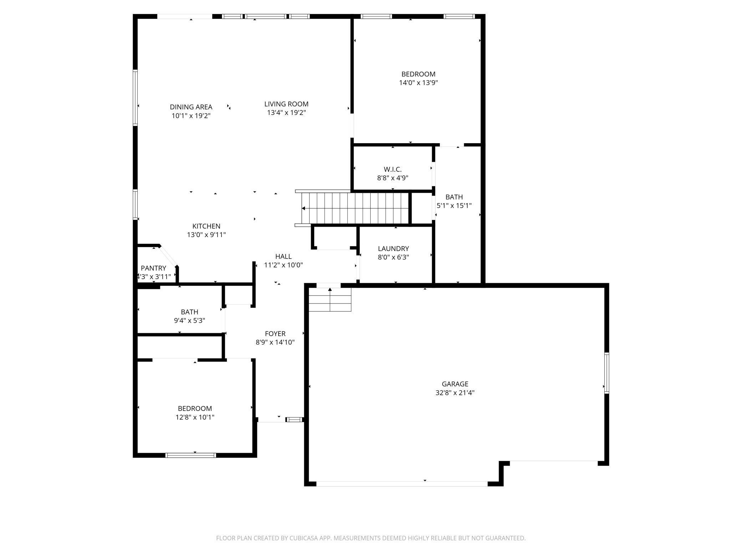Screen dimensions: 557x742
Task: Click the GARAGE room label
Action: click(x=455, y=384)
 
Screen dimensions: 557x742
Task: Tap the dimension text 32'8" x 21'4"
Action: click(x=455, y=393)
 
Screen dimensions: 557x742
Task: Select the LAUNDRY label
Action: click(x=393, y=249)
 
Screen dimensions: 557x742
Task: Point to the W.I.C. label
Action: click(x=392, y=169)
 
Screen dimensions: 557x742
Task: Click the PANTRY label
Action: click(x=153, y=268)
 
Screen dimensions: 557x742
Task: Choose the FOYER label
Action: click(x=275, y=333)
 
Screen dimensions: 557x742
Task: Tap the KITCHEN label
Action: click(x=206, y=226)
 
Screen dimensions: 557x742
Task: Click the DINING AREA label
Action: click(x=191, y=107)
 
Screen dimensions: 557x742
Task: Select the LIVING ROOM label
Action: click(x=286, y=104)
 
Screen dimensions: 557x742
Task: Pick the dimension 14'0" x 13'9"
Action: click(x=418, y=83)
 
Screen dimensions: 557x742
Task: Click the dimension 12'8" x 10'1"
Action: click(x=195, y=417)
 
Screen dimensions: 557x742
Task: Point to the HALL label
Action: click(x=283, y=256)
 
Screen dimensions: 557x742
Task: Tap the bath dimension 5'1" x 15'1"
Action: click(x=454, y=206)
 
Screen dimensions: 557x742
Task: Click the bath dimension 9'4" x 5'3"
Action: click(x=189, y=321)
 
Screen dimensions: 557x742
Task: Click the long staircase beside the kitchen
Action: click(x=355, y=208)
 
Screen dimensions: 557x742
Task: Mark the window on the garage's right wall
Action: click(x=606, y=373)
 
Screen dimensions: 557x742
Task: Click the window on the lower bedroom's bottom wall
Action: click(x=191, y=455)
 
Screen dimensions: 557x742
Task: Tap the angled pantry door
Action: click(x=167, y=256)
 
